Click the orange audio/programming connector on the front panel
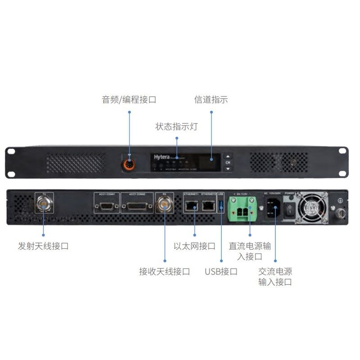click(x=130, y=162)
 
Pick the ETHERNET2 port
click(x=208, y=206)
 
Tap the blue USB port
click(x=221, y=206)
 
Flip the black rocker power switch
click(x=290, y=208)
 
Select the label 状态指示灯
click(x=176, y=126)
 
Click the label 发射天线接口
click(x=43, y=246)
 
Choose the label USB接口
click(x=221, y=271)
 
